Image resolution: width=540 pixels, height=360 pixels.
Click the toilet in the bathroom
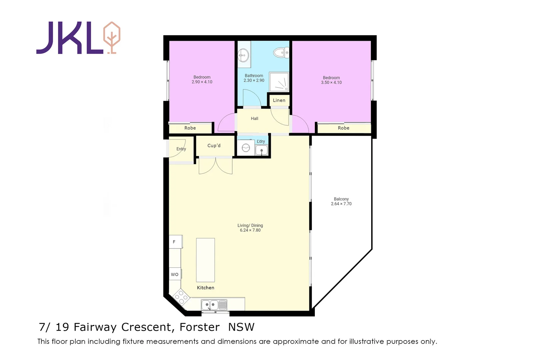pyautogui.click(x=281, y=53)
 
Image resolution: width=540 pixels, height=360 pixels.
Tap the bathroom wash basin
pyautogui.click(x=243, y=55)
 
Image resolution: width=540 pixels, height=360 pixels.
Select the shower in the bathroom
pyautogui.click(x=279, y=82)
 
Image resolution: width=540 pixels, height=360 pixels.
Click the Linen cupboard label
pyautogui.click(x=279, y=100)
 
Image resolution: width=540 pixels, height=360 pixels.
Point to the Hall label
pyautogui.click(x=254, y=119)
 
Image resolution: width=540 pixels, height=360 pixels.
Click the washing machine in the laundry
pyautogui.click(x=246, y=148)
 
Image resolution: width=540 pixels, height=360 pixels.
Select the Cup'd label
pyautogui.click(x=214, y=146)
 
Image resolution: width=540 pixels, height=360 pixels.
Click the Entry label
pyautogui.click(x=181, y=149)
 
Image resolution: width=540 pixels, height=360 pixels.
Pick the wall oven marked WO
pyautogui.click(x=175, y=274)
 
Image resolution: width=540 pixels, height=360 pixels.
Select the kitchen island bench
pyautogui.click(x=205, y=260)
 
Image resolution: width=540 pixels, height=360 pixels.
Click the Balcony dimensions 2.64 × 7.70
pyautogui.click(x=341, y=204)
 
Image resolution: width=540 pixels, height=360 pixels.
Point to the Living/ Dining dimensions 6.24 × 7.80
pyautogui.click(x=250, y=230)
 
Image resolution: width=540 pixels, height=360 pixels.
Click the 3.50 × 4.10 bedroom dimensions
pyautogui.click(x=331, y=82)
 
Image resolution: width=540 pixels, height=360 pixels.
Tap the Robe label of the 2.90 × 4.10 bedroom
pyautogui.click(x=190, y=128)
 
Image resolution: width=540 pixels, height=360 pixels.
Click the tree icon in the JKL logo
pyautogui.click(x=112, y=38)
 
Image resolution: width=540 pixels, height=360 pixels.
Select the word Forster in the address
pyautogui.click(x=199, y=327)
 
